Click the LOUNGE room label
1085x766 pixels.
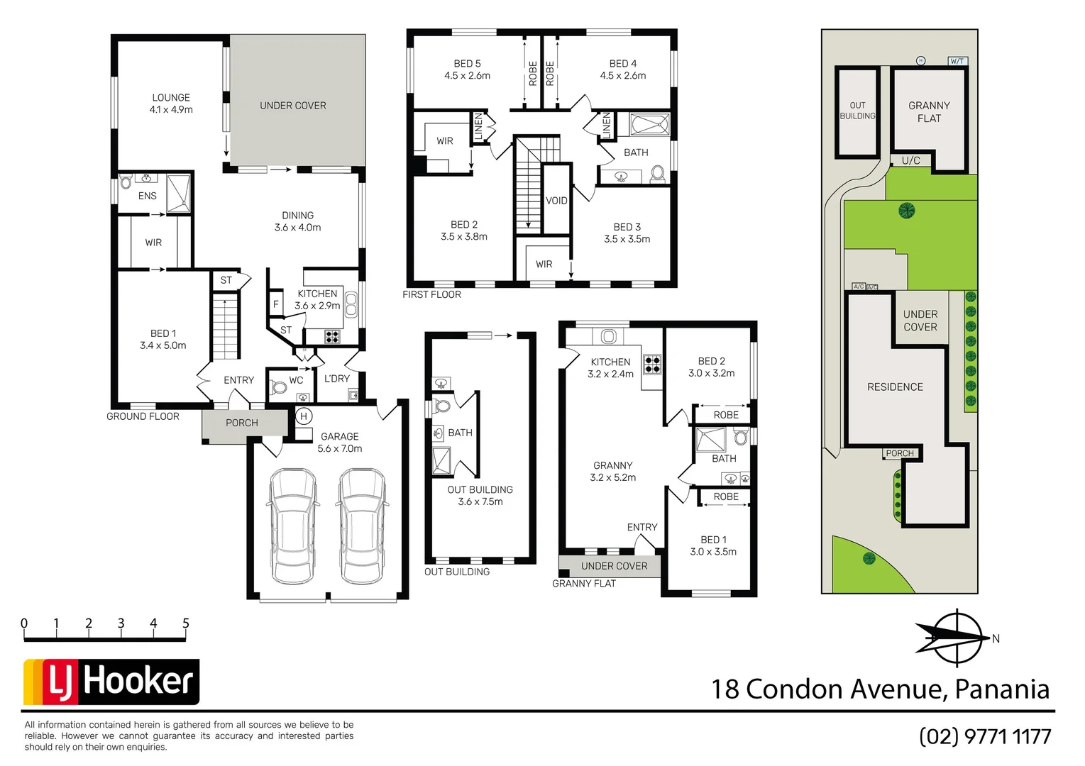[x=171, y=104]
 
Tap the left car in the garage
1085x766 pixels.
[x=293, y=525]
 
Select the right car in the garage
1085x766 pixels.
[x=363, y=525]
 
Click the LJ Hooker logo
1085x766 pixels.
[x=111, y=682]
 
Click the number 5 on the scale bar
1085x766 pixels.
[x=186, y=623]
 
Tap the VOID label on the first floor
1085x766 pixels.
[x=556, y=201]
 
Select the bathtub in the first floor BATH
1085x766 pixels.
[x=649, y=125]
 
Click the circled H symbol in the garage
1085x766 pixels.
[x=304, y=416]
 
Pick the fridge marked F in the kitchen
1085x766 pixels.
[x=276, y=304]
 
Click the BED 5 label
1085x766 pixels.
[x=467, y=70]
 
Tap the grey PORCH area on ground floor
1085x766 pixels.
[x=242, y=423]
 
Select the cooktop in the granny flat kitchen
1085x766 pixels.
[x=652, y=365]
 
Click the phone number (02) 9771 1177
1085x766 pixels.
[x=985, y=736]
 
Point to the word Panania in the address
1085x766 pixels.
[x=1002, y=689]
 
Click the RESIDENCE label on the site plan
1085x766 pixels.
[x=895, y=387]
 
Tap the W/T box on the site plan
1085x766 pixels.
[x=957, y=62]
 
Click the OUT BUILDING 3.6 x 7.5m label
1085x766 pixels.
[x=480, y=496]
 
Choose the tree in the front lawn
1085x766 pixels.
[x=869, y=559]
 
